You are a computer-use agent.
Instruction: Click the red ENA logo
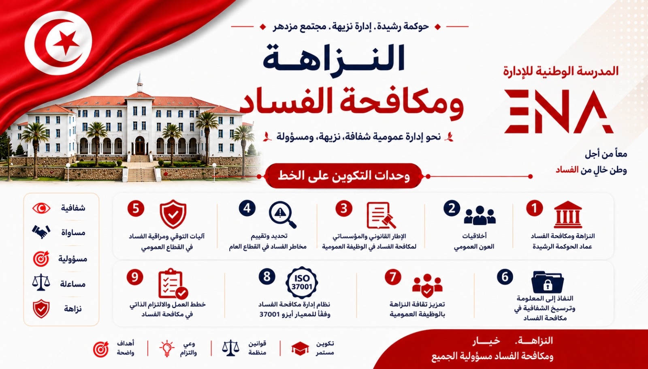tap(558, 112)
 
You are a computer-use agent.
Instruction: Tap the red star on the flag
tap(66, 42)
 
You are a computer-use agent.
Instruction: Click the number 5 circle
tap(136, 208)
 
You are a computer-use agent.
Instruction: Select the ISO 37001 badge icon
tap(302, 283)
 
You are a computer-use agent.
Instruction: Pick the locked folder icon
tap(547, 282)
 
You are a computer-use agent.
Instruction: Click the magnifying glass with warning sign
tap(282, 215)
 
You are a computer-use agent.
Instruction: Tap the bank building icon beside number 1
tap(568, 215)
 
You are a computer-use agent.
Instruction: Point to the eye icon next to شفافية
tap(41, 208)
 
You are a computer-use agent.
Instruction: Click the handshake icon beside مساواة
tap(41, 232)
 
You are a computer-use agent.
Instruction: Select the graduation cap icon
tap(300, 348)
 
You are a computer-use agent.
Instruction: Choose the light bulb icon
tap(167, 348)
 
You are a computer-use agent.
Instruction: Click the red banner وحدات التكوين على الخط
tap(343, 176)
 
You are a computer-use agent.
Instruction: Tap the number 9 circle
tap(135, 277)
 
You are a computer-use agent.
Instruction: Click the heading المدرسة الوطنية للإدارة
tap(561, 71)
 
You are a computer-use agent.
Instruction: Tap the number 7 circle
tap(393, 277)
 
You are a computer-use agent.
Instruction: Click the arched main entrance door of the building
tap(140, 146)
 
